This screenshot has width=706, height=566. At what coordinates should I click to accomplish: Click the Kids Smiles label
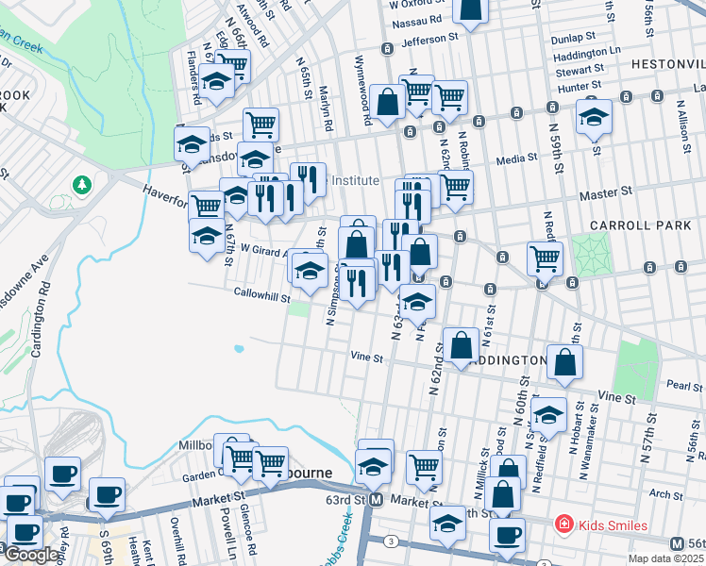pyautogui.click(x=614, y=524)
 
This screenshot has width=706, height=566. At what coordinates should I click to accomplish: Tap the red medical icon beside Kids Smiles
pyautogui.click(x=563, y=524)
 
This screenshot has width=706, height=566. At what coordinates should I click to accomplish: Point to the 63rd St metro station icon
pyautogui.click(x=376, y=499)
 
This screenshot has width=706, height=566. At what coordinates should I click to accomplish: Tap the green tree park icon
pyautogui.click(x=83, y=184)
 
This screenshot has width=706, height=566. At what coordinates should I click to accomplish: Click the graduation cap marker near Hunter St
pyautogui.click(x=594, y=117)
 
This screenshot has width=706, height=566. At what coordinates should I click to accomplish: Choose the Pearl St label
pyautogui.click(x=683, y=386)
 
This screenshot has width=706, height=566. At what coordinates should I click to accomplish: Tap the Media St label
pyautogui.click(x=516, y=159)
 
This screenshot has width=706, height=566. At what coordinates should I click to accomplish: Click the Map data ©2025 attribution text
pyautogui.click(x=664, y=558)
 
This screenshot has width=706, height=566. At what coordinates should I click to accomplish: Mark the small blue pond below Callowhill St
pyautogui.click(x=238, y=348)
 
